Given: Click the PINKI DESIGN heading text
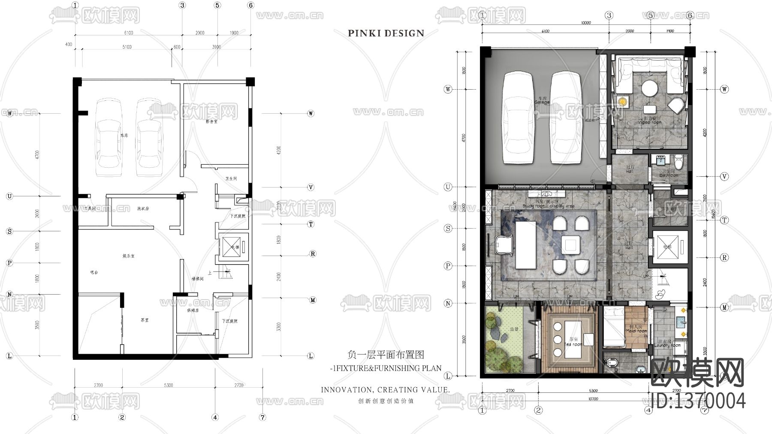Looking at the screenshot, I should point(386,33).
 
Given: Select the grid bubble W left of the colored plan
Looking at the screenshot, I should point(448,90).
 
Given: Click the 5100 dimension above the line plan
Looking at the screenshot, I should point(127,47).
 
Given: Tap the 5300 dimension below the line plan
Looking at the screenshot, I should point(168,385).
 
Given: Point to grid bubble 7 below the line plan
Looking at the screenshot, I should point(262,417).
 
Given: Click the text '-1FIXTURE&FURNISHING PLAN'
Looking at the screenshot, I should point(386,368).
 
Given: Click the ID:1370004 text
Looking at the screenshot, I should point(698,401).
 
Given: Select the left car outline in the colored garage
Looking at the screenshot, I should point(518,118).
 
